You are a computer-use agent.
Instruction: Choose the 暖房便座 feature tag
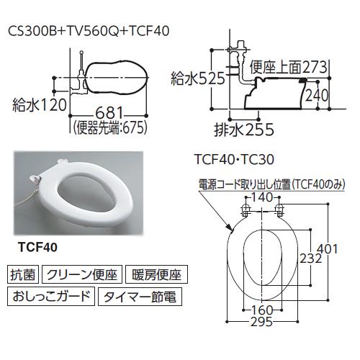tap(156, 274)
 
